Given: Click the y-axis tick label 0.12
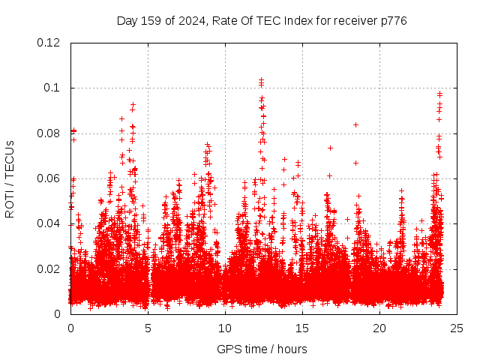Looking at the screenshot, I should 49,43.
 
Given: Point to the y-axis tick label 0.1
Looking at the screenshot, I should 53,88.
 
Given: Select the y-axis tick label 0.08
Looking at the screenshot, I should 49,133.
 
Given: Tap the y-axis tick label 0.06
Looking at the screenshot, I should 49,178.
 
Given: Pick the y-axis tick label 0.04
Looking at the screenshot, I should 49,223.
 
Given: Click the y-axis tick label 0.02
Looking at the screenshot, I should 49,268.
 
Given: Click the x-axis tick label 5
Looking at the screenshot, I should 148,328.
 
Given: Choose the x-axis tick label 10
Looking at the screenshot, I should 225,328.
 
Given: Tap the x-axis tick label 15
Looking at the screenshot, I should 302,328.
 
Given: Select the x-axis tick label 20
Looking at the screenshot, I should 379,328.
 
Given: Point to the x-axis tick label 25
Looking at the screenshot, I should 457,328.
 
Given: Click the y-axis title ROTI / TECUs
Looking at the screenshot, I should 10,178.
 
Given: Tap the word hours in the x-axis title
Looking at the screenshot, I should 292,349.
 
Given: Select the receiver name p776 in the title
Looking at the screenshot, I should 391,20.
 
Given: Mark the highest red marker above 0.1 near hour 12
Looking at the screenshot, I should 261,79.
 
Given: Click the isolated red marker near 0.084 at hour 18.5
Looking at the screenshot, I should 355,124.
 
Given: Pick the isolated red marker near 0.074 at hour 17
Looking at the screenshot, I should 330,148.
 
